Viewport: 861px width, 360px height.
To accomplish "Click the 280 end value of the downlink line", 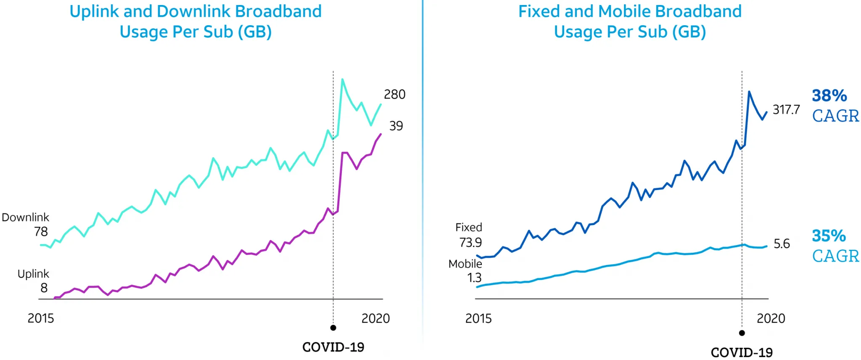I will click(x=394, y=95).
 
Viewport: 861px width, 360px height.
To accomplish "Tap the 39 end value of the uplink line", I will click(x=396, y=126).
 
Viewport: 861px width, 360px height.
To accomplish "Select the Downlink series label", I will click(x=26, y=217).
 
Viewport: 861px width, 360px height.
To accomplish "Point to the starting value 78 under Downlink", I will click(x=41, y=232).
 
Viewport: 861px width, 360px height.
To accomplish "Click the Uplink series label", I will click(x=33, y=274).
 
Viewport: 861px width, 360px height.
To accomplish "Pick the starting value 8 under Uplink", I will click(x=44, y=288).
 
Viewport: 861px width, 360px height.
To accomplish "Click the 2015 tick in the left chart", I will click(x=41, y=318).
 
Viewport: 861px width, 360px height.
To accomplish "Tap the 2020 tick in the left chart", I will click(x=375, y=318).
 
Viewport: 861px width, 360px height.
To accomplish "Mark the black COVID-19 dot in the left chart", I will click(x=333, y=328).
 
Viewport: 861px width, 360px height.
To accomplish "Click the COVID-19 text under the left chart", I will click(x=333, y=347).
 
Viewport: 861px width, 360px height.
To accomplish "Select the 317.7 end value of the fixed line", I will click(x=786, y=110).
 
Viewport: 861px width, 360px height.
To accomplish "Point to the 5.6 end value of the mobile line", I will click(x=782, y=244).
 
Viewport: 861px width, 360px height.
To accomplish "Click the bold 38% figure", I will click(x=829, y=96).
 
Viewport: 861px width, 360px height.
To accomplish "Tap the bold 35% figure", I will click(x=829, y=236).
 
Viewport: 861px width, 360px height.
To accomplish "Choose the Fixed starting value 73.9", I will click(x=470, y=243).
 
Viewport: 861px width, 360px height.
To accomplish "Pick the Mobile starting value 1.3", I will click(x=474, y=278).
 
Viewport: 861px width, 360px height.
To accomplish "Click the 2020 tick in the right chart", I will click(x=771, y=318).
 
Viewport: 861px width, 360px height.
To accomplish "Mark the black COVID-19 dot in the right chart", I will click(x=742, y=333).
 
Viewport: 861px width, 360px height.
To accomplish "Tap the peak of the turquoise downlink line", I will click(x=342, y=79).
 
